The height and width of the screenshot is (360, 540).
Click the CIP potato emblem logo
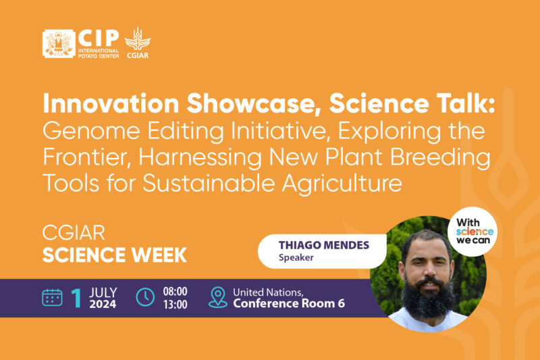click(x=58, y=43)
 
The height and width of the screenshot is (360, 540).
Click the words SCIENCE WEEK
click(x=114, y=256)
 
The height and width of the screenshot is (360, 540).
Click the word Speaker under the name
click(x=296, y=257)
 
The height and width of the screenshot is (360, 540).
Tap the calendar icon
click(x=52, y=297)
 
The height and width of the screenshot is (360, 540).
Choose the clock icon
click(x=146, y=297)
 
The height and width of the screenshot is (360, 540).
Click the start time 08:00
click(x=175, y=291)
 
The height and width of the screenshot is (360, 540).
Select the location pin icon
click(x=218, y=297)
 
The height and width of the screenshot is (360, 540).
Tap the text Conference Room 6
click(x=289, y=304)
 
